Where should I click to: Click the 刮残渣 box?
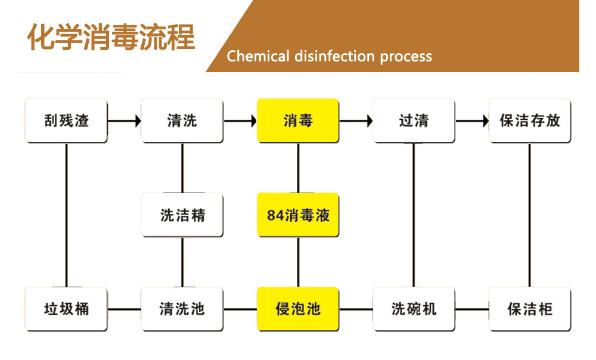pyautogui.click(x=66, y=120)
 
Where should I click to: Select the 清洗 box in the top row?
pyautogui.click(x=182, y=120)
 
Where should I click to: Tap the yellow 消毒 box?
pyautogui.click(x=298, y=120)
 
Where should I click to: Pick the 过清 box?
pyautogui.click(x=414, y=120)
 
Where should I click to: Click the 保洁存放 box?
pyautogui.click(x=530, y=120)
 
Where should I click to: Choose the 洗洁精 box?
pyautogui.click(x=182, y=215)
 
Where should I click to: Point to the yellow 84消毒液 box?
pyautogui.click(x=298, y=215)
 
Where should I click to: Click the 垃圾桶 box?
pyautogui.click(x=66, y=309)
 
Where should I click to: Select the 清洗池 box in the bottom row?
pyautogui.click(x=182, y=309)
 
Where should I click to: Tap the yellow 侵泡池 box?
pyautogui.click(x=298, y=309)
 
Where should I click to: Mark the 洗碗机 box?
pyautogui.click(x=414, y=309)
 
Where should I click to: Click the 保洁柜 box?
pyautogui.click(x=530, y=309)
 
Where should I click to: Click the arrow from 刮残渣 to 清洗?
pyautogui.click(x=124, y=121)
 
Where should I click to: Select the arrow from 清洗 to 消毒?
pyautogui.click(x=240, y=121)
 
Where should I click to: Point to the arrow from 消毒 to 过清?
pyautogui.click(x=356, y=121)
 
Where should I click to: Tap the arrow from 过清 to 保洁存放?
pyautogui.click(x=471, y=121)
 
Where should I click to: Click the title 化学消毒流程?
pyautogui.click(x=111, y=38)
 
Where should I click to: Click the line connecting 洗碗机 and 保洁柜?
pyautogui.click(x=471, y=309)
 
